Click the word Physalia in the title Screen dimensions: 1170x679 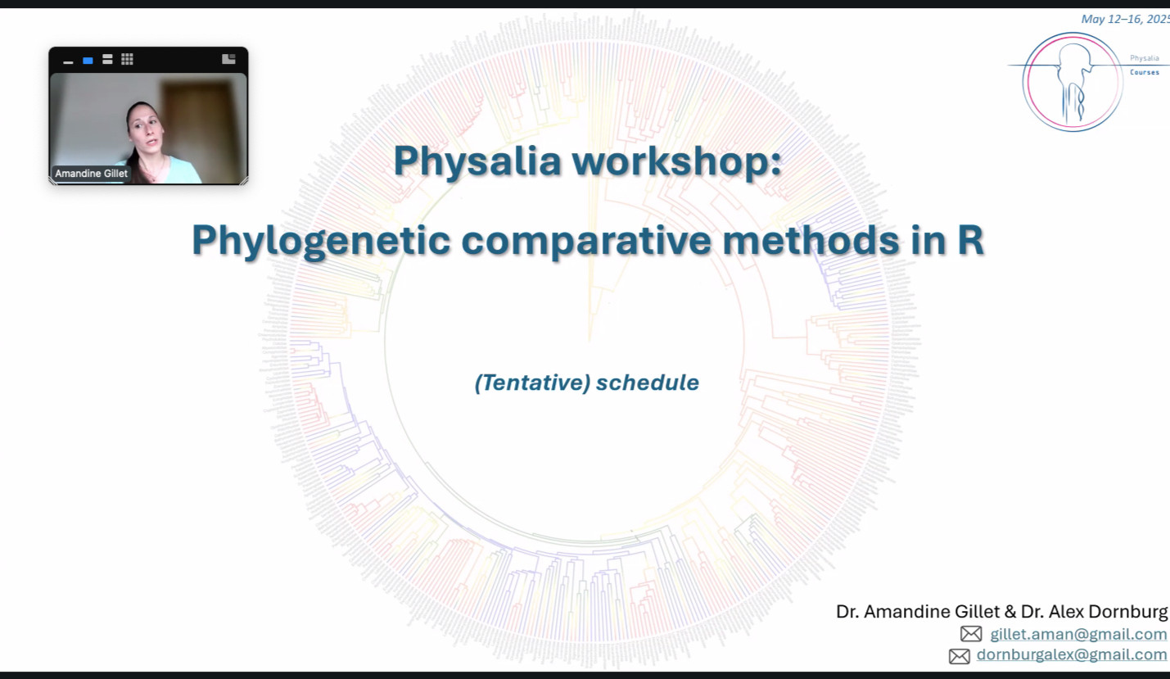(x=477, y=162)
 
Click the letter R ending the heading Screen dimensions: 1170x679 (x=970, y=240)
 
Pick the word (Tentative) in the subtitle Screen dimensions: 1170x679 (x=532, y=383)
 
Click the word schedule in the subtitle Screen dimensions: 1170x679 (x=648, y=383)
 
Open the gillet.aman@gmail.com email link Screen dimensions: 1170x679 (x=1078, y=634)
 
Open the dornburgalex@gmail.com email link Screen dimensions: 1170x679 (x=1071, y=654)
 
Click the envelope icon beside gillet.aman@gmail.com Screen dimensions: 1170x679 (x=971, y=634)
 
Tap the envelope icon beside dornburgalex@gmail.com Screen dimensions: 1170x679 (x=959, y=656)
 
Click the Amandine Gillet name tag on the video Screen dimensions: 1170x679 (x=92, y=174)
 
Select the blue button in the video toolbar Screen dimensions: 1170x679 (x=88, y=61)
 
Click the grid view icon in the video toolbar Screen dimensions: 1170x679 (x=127, y=59)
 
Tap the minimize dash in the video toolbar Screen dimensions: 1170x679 (x=68, y=62)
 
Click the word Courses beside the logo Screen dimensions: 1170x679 (x=1145, y=72)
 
